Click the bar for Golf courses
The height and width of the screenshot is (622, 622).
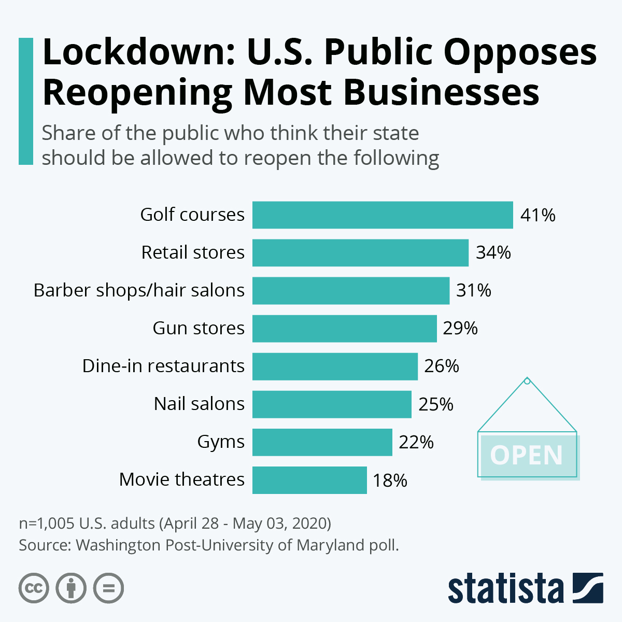click(383, 215)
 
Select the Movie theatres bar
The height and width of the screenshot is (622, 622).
click(309, 480)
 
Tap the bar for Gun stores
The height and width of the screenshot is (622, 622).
click(344, 329)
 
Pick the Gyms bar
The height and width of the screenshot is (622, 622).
click(322, 442)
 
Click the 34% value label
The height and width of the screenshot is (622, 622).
click(493, 253)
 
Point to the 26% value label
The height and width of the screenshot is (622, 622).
click(442, 366)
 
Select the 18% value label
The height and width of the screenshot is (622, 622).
click(390, 480)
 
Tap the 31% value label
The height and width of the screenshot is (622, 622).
click(473, 291)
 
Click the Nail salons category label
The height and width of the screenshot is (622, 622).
click(199, 404)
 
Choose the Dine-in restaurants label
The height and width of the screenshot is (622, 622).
click(163, 366)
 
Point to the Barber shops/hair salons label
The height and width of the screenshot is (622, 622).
click(139, 290)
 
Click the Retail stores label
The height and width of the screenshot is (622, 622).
click(193, 252)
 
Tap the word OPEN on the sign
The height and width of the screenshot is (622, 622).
click(526, 456)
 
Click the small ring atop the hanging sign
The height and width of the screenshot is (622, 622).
click(527, 381)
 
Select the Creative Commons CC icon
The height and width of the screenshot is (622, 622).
click(34, 588)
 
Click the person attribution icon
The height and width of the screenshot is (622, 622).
click(71, 588)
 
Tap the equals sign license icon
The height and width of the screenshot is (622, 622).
click(108, 588)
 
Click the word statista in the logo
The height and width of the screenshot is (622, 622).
click(506, 589)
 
